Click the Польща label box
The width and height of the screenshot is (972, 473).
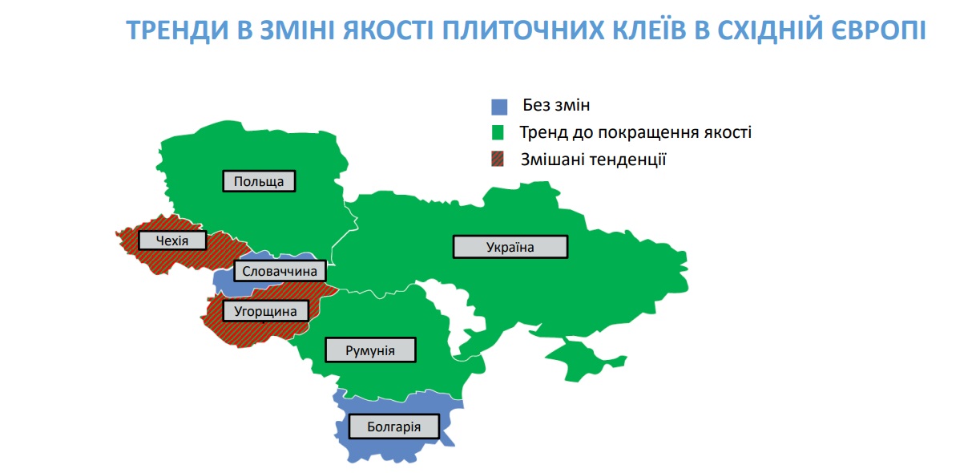coord(259,181)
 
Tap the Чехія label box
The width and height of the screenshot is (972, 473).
coord(172,241)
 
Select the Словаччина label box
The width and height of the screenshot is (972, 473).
coord(280,271)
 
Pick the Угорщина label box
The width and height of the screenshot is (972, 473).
coord(265,311)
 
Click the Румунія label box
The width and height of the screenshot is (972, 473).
coord(370,350)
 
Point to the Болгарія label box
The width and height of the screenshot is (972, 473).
coord(394,427)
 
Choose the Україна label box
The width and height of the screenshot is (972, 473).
coord(510,247)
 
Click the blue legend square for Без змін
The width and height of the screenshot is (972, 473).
coord(499,107)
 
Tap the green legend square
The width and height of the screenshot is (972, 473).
coord(498,133)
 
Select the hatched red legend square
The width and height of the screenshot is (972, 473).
coord(498,160)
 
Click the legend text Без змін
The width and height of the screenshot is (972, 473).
coord(556,105)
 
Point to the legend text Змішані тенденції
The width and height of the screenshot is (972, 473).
coord(593,160)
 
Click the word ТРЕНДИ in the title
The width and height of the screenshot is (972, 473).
coord(177,30)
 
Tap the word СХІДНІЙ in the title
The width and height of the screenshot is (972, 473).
coord(770,30)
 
